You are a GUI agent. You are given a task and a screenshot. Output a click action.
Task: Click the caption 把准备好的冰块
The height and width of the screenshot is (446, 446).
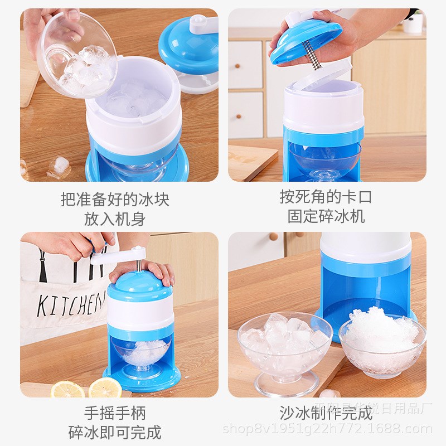click(x=115, y=198)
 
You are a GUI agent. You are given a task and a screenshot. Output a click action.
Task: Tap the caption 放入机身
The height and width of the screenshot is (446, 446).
click(x=115, y=219)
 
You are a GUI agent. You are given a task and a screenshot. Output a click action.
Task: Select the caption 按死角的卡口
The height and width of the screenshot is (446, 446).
click(x=326, y=196)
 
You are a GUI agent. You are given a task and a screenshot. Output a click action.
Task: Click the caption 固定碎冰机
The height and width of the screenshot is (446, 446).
click(x=326, y=216)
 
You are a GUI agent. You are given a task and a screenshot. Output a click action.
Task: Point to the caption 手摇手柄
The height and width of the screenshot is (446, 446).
click(x=115, y=413)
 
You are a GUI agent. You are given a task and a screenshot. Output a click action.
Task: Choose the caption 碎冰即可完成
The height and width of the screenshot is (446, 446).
click(x=115, y=432)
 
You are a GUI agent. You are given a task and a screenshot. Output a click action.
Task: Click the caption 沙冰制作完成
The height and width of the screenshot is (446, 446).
click(x=326, y=413)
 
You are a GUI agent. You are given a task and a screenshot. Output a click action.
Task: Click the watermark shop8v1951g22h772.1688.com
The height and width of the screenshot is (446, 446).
click(x=327, y=429)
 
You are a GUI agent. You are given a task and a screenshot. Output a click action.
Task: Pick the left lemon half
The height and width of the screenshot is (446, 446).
click(x=68, y=389)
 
